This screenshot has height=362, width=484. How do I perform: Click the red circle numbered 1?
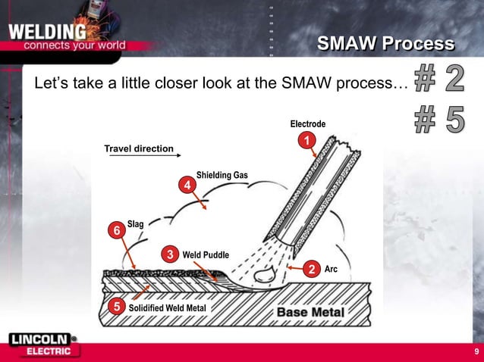[306, 141]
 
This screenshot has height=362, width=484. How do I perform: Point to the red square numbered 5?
[116, 307]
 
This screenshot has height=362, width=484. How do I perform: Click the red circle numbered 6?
[117, 229]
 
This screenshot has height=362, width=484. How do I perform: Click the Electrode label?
[308, 124]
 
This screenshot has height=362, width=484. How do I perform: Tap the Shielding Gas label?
[222, 176]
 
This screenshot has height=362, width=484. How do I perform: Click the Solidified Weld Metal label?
[166, 307]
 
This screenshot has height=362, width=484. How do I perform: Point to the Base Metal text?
[310, 312]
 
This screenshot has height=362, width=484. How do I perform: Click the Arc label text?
[331, 270]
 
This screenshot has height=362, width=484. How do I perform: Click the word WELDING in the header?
[47, 33]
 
